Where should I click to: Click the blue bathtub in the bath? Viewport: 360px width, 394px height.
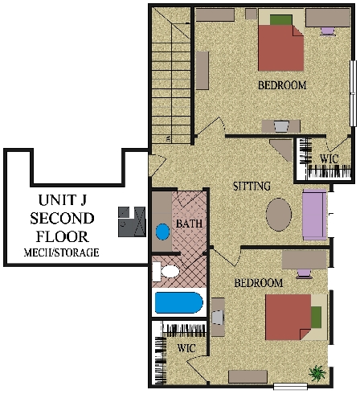tap(178, 302)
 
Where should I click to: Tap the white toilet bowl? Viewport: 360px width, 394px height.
tap(170, 271)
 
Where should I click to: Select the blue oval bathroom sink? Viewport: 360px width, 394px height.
tap(162, 232)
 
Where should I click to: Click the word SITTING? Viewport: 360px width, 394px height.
tap(252, 187)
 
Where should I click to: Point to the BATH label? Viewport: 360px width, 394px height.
tap(189, 224)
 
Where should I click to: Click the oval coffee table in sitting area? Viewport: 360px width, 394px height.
tap(279, 215)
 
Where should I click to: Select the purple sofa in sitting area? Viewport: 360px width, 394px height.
tap(314, 215)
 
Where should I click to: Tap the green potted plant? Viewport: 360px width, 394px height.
tap(317, 373)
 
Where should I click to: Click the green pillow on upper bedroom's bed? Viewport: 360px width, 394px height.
tap(280, 20)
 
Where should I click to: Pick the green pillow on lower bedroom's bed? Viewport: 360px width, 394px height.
tap(316, 318)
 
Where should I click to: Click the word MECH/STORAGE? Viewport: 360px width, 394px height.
tap(61, 252)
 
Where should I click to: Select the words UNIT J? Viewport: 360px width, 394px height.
tap(63, 200)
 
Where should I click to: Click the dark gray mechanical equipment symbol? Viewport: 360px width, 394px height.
tap(132, 222)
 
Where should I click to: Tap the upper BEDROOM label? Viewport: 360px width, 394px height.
tap(282, 85)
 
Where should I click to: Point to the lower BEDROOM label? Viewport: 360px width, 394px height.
tap(259, 283)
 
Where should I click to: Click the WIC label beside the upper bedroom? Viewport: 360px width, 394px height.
tap(329, 159)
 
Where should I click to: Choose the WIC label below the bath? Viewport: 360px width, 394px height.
tap(186, 348)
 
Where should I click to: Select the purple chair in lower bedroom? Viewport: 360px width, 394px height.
tap(305, 274)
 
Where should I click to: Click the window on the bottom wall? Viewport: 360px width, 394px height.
tap(290, 386)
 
